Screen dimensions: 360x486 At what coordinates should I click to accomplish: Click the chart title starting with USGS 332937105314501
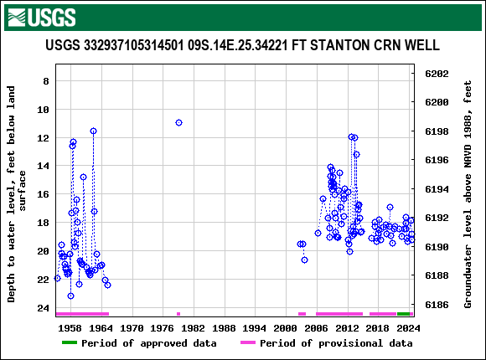tap(242, 45)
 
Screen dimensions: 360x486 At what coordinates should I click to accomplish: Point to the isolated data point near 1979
tap(178, 122)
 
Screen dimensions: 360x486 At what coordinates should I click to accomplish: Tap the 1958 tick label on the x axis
tap(70, 328)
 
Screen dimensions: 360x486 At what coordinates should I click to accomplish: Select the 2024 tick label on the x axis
tap(408, 328)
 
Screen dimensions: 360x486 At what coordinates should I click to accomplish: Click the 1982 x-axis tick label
tap(193, 328)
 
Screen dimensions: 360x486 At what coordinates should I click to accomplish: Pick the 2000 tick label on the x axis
tap(286, 328)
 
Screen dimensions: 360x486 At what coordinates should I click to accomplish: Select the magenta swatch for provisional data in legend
tap(247, 343)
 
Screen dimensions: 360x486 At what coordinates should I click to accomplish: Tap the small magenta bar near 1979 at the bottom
tap(178, 314)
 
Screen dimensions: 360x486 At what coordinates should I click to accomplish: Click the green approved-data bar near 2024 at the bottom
tap(404, 314)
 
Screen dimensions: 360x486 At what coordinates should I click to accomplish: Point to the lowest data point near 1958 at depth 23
tap(70, 296)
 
